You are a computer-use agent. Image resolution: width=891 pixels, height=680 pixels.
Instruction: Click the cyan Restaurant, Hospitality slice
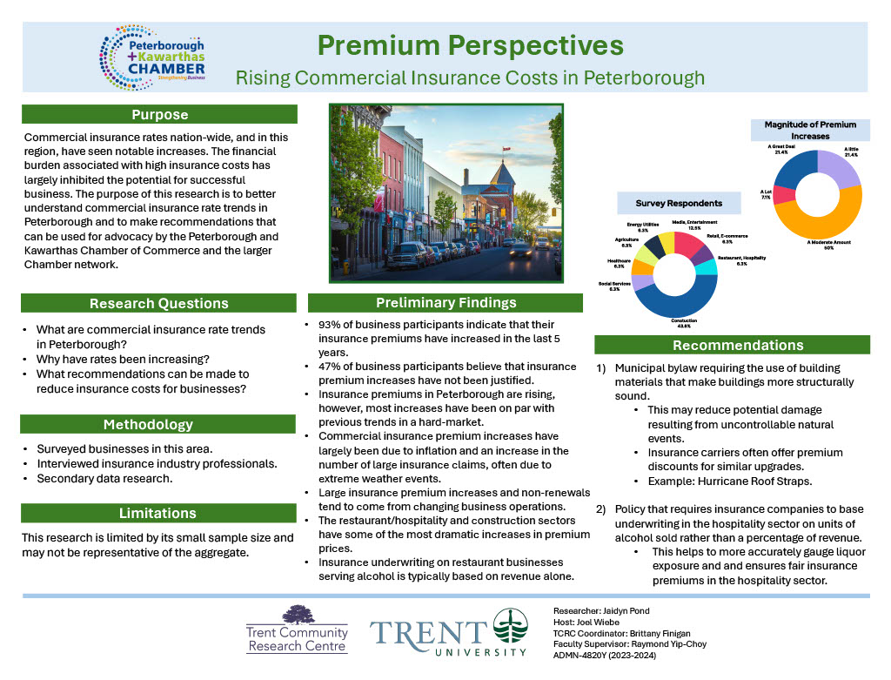coord(708,266)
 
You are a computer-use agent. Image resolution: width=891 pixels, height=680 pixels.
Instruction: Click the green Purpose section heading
coord(159,114)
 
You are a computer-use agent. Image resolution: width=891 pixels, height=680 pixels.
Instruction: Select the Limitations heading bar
coord(159,513)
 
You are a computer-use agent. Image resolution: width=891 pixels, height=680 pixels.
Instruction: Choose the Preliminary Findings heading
coord(445,303)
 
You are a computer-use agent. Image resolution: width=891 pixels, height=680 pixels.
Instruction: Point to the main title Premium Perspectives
coord(470,44)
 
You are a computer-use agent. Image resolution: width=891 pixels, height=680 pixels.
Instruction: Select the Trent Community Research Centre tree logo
coord(298,614)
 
